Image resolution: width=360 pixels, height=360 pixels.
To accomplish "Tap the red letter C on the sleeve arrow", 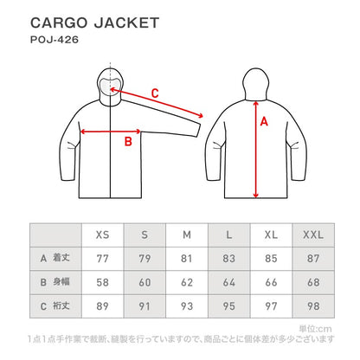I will click(x=155, y=92).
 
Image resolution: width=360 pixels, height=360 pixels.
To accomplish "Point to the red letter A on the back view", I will click(x=265, y=123).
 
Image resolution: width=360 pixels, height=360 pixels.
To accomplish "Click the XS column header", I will click(x=102, y=235).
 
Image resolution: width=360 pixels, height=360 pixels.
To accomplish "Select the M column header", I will click(x=186, y=235).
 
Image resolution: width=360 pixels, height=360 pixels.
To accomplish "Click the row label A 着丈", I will click(x=56, y=258).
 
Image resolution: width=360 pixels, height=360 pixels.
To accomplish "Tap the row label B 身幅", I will click(x=56, y=281).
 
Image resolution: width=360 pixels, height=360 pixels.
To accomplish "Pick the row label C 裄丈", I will click(x=56, y=305).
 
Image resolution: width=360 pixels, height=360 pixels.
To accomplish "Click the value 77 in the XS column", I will click(x=102, y=258).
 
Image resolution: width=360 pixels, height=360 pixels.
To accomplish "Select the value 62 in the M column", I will click(x=186, y=281).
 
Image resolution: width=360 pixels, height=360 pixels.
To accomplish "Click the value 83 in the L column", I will click(x=228, y=258).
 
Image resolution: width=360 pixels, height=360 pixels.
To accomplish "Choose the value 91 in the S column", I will click(x=144, y=305).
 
